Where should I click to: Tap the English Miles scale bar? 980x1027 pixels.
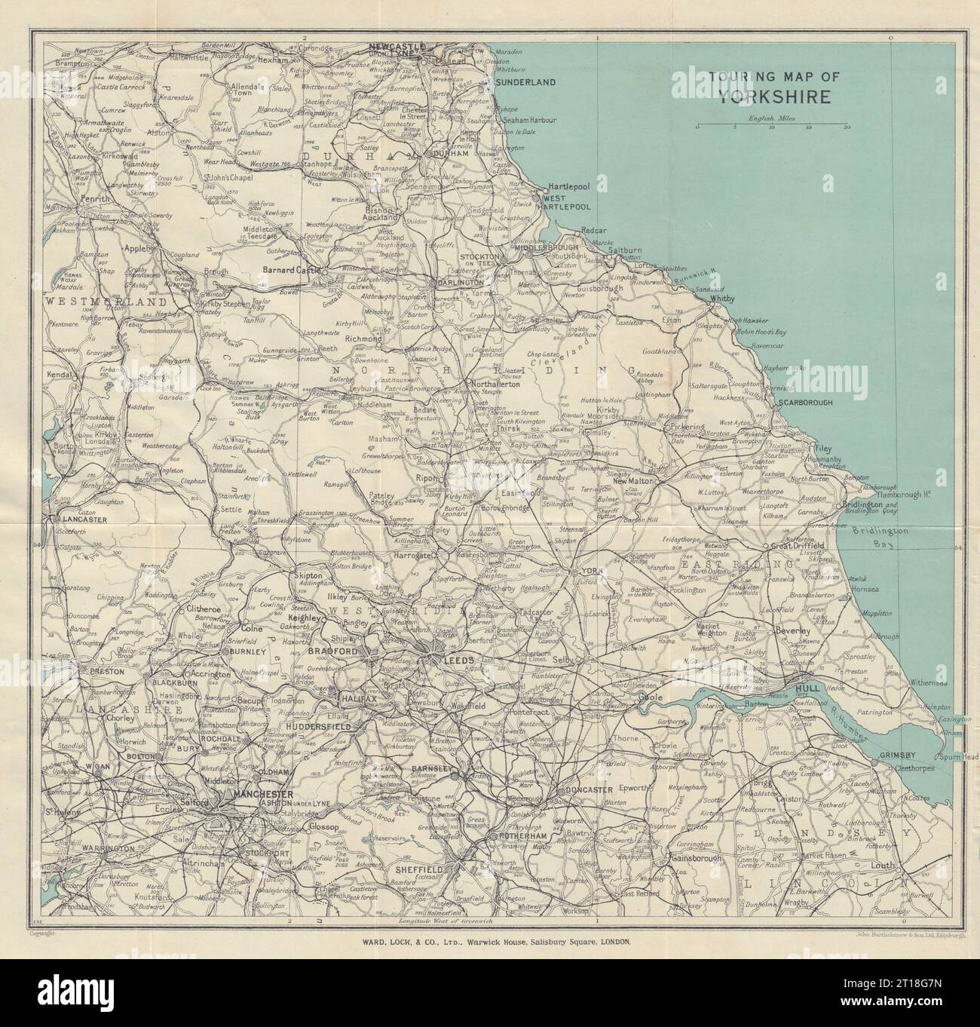pos(771,124)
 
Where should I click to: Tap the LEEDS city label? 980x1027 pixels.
pos(458,660)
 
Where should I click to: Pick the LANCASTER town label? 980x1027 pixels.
pos(84,520)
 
